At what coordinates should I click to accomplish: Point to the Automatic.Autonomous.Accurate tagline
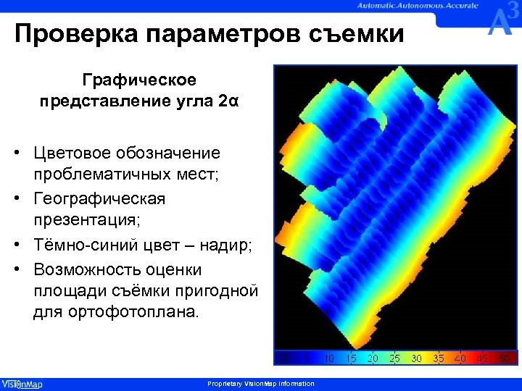click(417, 5)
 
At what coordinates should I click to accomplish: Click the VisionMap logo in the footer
click(22, 384)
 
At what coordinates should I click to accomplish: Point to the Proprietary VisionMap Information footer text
click(260, 384)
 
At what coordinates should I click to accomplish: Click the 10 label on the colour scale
click(329, 358)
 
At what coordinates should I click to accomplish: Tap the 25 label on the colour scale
click(394, 358)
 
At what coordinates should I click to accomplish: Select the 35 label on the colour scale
click(439, 358)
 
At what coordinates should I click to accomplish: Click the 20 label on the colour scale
click(373, 358)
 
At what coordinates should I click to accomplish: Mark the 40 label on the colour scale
click(460, 358)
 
